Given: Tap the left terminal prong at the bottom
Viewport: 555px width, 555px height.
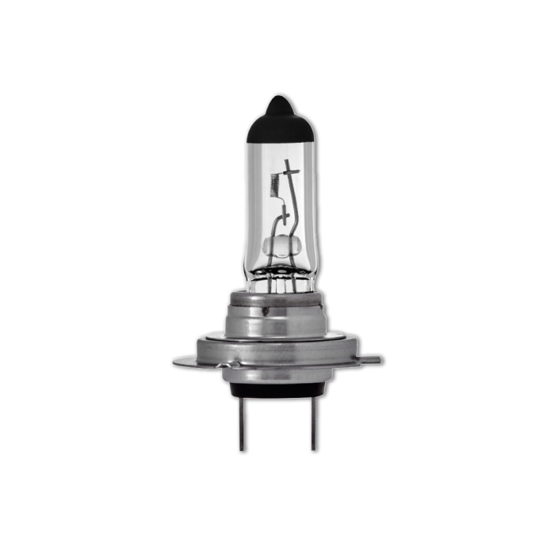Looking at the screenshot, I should pos(241,423).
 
